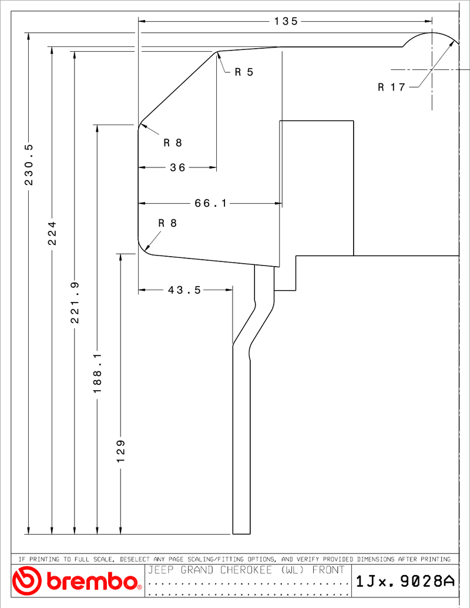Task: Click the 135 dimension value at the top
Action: tap(286, 21)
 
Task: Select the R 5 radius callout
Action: tap(244, 72)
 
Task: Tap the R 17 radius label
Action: tap(392, 87)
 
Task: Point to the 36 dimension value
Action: tap(177, 167)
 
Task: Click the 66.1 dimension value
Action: tap(210, 203)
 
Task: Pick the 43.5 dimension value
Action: tap(184, 290)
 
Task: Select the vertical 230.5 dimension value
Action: tap(29, 164)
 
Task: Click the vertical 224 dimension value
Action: tap(52, 233)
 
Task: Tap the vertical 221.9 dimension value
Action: tap(75, 303)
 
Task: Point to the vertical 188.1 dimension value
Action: tap(97, 372)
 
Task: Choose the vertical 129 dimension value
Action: tap(120, 451)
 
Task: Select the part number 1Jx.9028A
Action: tap(405, 581)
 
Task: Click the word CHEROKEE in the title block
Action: tap(246, 570)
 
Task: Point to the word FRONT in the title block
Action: tap(328, 570)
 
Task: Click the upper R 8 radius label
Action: tap(173, 143)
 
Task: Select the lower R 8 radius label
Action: tap(167, 223)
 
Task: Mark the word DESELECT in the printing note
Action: tap(135, 559)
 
